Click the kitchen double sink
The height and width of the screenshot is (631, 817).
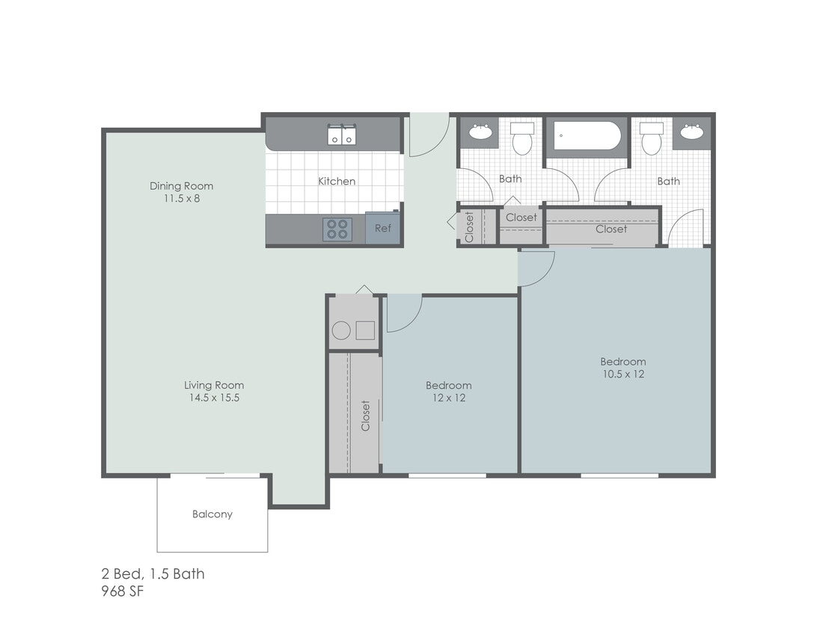(x=342, y=135)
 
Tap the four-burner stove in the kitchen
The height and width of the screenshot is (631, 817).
(x=337, y=229)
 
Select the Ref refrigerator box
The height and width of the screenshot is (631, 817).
(x=382, y=228)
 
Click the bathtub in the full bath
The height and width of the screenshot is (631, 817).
(x=587, y=137)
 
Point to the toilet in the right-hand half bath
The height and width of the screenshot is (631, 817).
(x=652, y=138)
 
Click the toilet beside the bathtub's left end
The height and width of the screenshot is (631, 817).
(x=521, y=138)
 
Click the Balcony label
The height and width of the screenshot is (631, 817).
(x=212, y=514)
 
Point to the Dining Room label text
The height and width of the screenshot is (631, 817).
(x=181, y=186)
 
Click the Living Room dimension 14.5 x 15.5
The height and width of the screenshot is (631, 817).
(x=214, y=398)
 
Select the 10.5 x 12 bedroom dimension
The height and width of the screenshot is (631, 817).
(x=622, y=374)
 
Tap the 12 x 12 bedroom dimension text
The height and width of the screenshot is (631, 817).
(x=449, y=398)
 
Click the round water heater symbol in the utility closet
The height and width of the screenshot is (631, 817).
(x=341, y=330)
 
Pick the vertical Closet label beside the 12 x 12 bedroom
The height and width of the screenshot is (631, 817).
(x=366, y=416)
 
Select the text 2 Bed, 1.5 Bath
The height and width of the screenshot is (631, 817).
(x=153, y=574)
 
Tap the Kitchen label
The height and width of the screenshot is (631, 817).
(x=337, y=181)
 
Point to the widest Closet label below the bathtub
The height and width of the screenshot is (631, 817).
(x=611, y=229)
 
